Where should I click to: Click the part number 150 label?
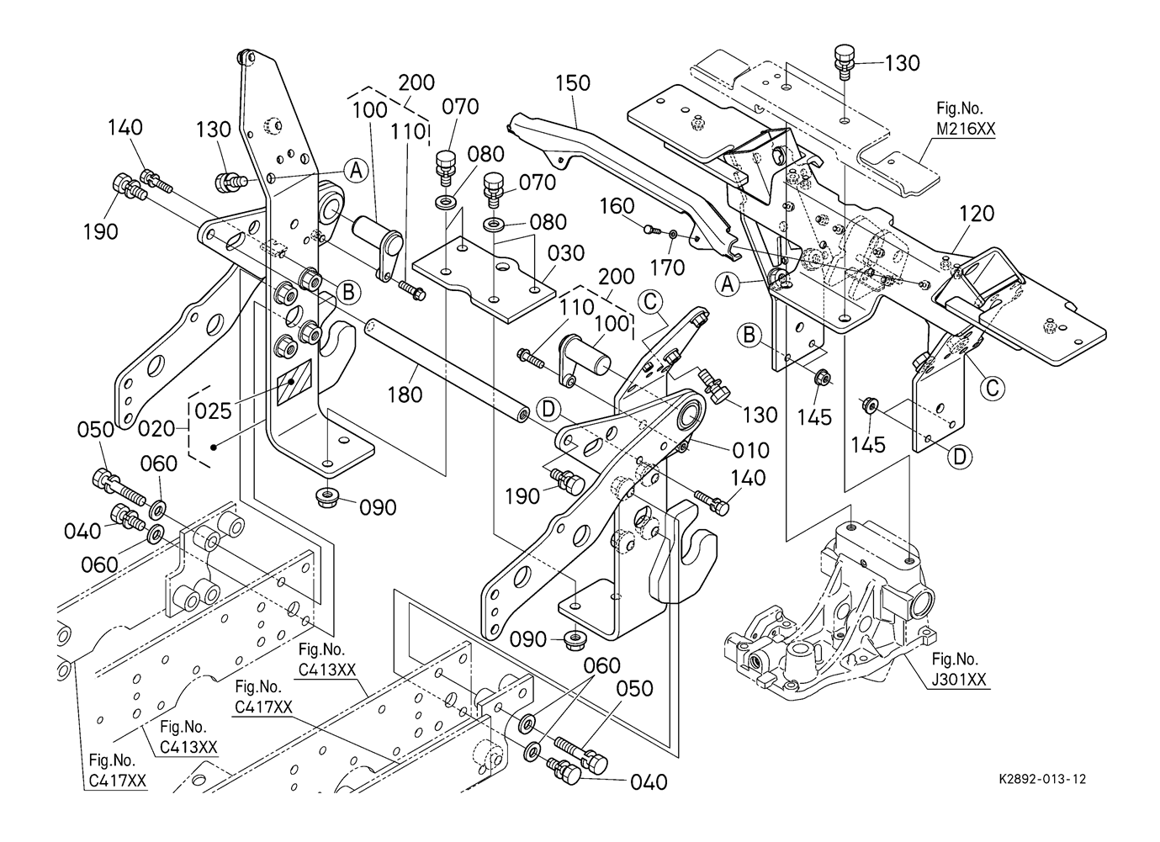pyautogui.click(x=573, y=83)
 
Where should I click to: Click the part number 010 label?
pyautogui.click(x=751, y=450)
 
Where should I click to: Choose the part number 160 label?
pyautogui.click(x=617, y=206)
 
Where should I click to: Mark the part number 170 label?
pyautogui.click(x=667, y=268)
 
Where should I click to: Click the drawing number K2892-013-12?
pyautogui.click(x=1037, y=779)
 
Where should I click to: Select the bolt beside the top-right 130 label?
pyautogui.click(x=844, y=61)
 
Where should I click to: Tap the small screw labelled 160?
pyautogui.click(x=649, y=227)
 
